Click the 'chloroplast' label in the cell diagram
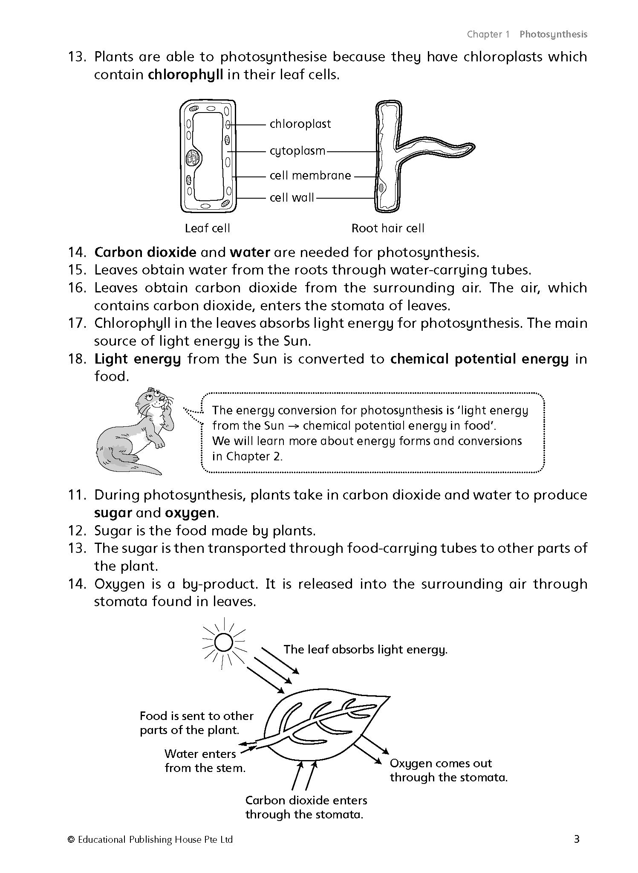point(300,124)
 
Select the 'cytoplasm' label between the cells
point(297,151)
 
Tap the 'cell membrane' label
point(310,175)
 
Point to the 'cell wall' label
point(292,197)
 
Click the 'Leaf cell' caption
point(207,228)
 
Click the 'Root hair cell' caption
point(388,228)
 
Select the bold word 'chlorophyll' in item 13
point(185,75)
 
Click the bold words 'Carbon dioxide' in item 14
point(145,252)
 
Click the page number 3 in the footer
point(577,839)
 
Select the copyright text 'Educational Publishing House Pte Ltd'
point(155,840)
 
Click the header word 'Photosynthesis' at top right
point(553,35)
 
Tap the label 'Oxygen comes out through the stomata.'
point(448,770)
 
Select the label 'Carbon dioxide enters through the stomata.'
point(306,807)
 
